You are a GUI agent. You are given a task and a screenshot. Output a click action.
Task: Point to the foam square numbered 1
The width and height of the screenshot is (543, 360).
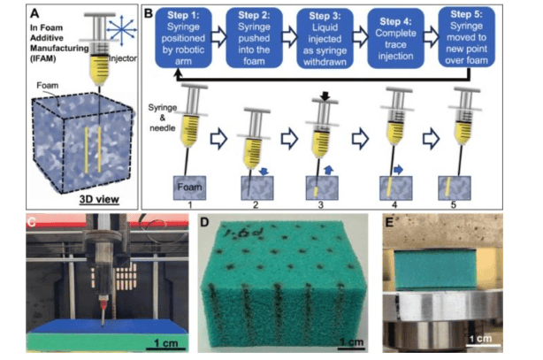(x=189, y=188)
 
